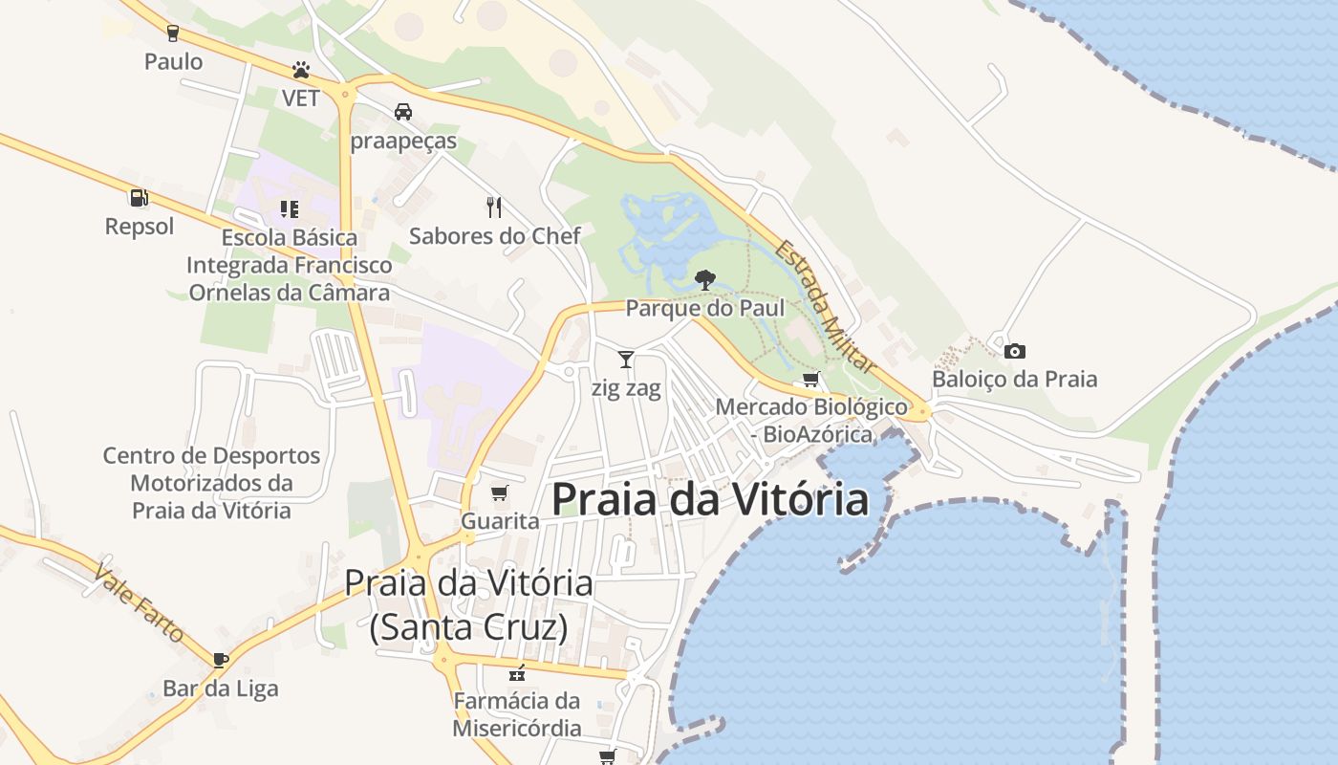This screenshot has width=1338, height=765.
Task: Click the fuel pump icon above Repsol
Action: [139, 198]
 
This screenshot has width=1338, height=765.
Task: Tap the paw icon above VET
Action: [301, 70]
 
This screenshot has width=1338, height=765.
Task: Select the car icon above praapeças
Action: [403, 112]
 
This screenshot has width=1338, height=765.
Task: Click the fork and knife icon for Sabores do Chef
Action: [494, 207]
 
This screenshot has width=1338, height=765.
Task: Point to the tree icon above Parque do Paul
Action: [705, 279]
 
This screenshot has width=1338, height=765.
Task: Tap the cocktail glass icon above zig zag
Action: [626, 360]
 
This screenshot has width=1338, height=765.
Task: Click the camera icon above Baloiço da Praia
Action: [1015, 351]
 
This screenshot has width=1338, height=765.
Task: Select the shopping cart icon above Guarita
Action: [499, 493]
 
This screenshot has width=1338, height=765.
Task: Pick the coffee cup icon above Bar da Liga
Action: [221, 659]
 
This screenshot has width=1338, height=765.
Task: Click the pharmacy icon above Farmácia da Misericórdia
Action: [517, 672]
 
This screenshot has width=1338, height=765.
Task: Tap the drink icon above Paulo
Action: [173, 33]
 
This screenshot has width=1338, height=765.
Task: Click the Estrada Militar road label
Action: [825, 306]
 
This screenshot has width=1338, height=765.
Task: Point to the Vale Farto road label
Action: [139, 601]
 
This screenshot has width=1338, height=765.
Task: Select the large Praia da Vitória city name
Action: [710, 499]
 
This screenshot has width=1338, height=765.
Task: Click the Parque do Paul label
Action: [705, 308]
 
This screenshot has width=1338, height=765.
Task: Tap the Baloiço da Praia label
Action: [1015, 379]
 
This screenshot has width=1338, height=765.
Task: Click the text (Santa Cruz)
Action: [468, 627]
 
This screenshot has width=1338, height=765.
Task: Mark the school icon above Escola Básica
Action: [289, 208]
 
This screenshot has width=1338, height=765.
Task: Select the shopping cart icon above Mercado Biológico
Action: [811, 379]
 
